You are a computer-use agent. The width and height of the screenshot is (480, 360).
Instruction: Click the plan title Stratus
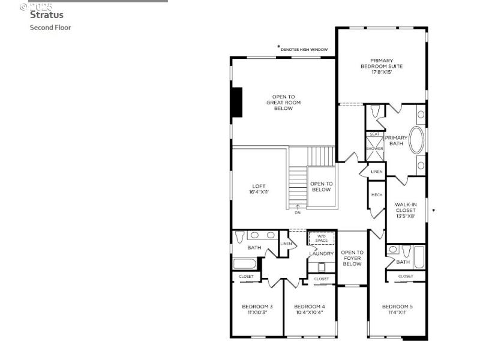pos(47,15)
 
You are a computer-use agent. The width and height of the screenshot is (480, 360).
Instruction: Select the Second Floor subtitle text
pos(50,28)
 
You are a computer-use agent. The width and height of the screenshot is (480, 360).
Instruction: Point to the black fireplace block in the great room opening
pos(237,102)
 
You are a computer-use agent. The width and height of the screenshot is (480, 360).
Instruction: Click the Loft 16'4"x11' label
pos(259,189)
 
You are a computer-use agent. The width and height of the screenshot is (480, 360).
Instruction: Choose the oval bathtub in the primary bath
pos(416,139)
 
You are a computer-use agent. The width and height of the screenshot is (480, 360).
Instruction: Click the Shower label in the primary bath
pos(374,148)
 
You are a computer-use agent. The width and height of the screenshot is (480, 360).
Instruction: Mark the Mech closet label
pos(377,195)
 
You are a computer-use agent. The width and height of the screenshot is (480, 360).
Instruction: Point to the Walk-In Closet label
pos(405,210)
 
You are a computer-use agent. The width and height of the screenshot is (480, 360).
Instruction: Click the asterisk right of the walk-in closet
pos(434,211)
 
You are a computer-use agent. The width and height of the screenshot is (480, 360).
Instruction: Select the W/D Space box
pos(321,238)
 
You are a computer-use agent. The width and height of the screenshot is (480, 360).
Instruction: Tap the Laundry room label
pos(321,254)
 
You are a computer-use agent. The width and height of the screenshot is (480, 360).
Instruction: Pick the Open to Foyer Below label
pos(352,258)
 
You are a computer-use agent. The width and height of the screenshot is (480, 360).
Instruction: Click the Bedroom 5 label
pos(397,310)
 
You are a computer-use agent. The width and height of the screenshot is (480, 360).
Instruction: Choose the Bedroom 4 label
pos(310,310)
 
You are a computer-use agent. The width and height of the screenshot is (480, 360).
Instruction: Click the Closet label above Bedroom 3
pos(246,277)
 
